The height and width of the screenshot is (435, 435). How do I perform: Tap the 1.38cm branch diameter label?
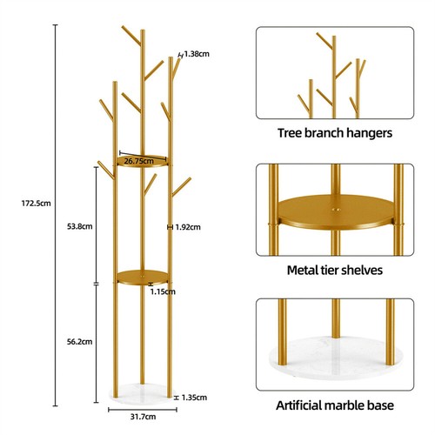197,54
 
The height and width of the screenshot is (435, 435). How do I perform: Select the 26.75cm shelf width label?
140,161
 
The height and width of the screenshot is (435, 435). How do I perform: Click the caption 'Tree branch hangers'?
335,134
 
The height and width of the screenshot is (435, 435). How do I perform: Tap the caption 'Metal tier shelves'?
335,271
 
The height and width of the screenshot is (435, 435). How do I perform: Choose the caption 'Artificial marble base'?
335,406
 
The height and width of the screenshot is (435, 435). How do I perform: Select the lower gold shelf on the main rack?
142,278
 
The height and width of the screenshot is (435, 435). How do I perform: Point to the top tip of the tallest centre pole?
144,31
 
